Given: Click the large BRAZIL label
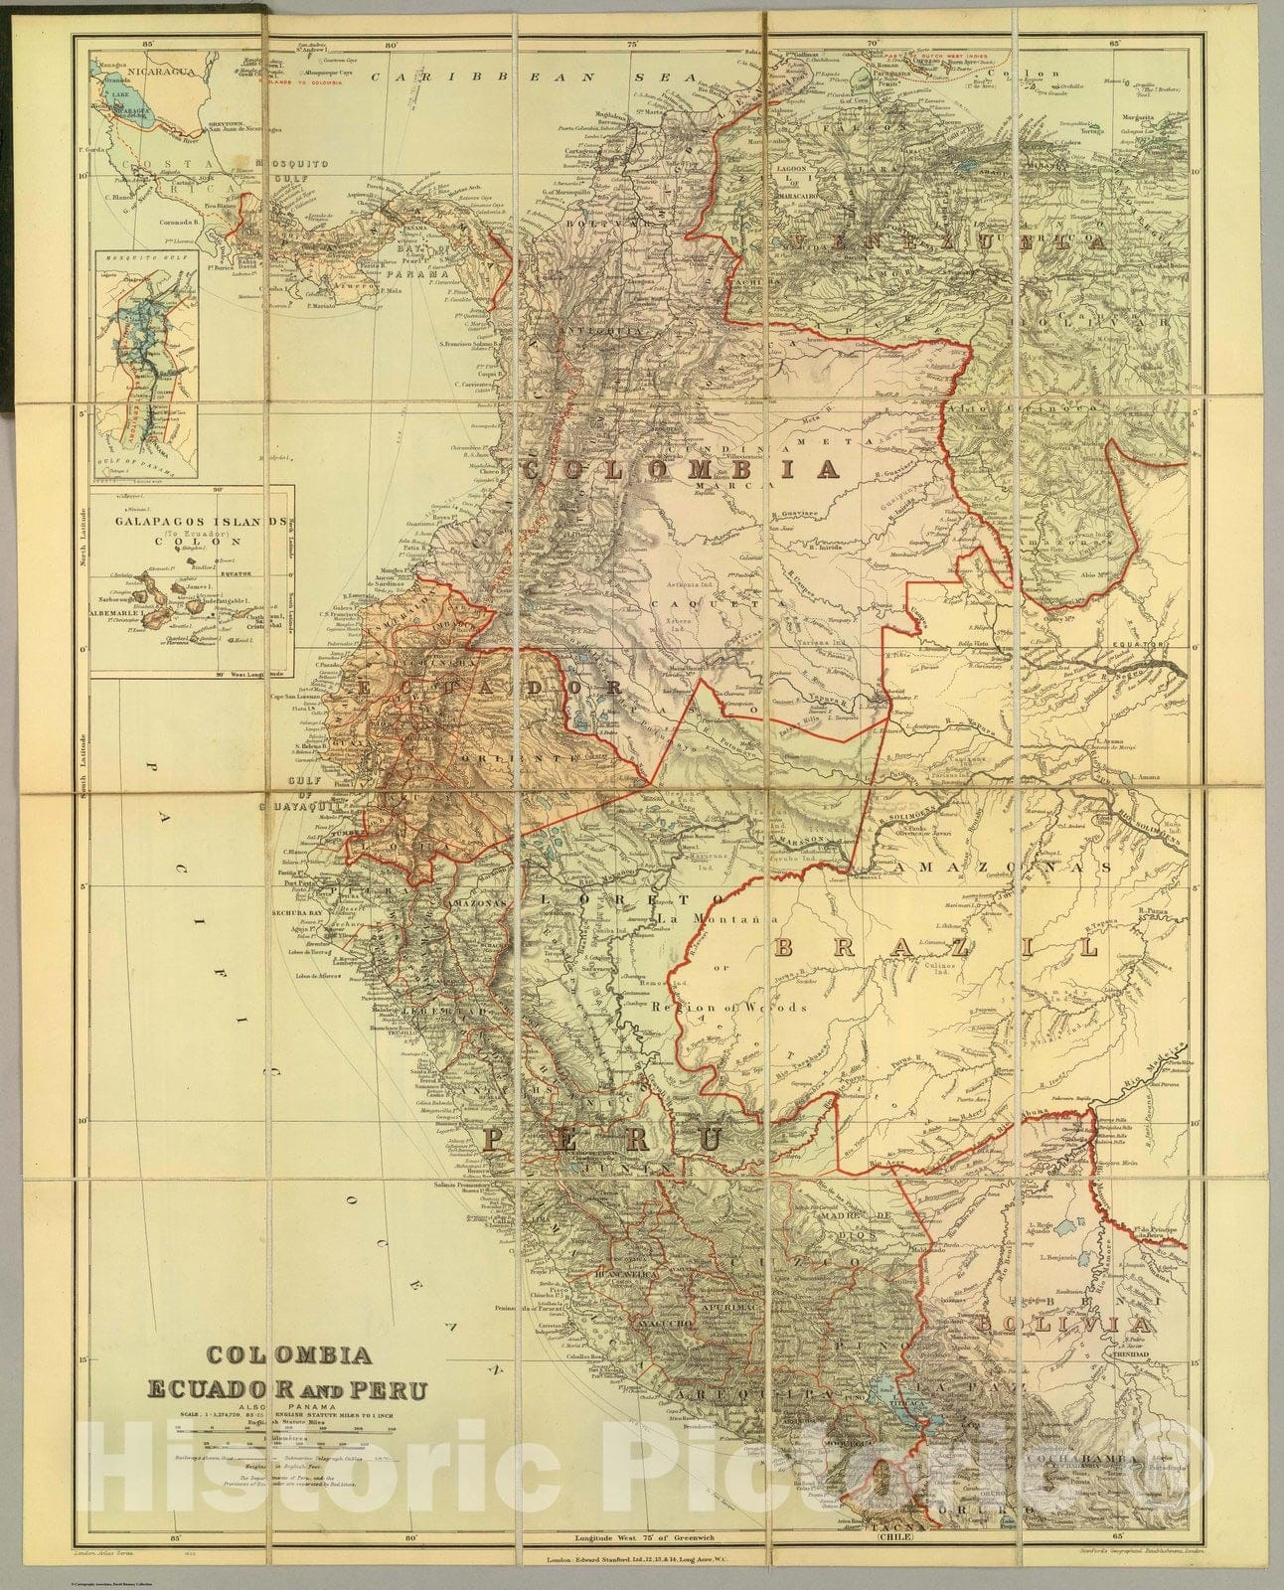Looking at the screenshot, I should coord(936,948).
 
